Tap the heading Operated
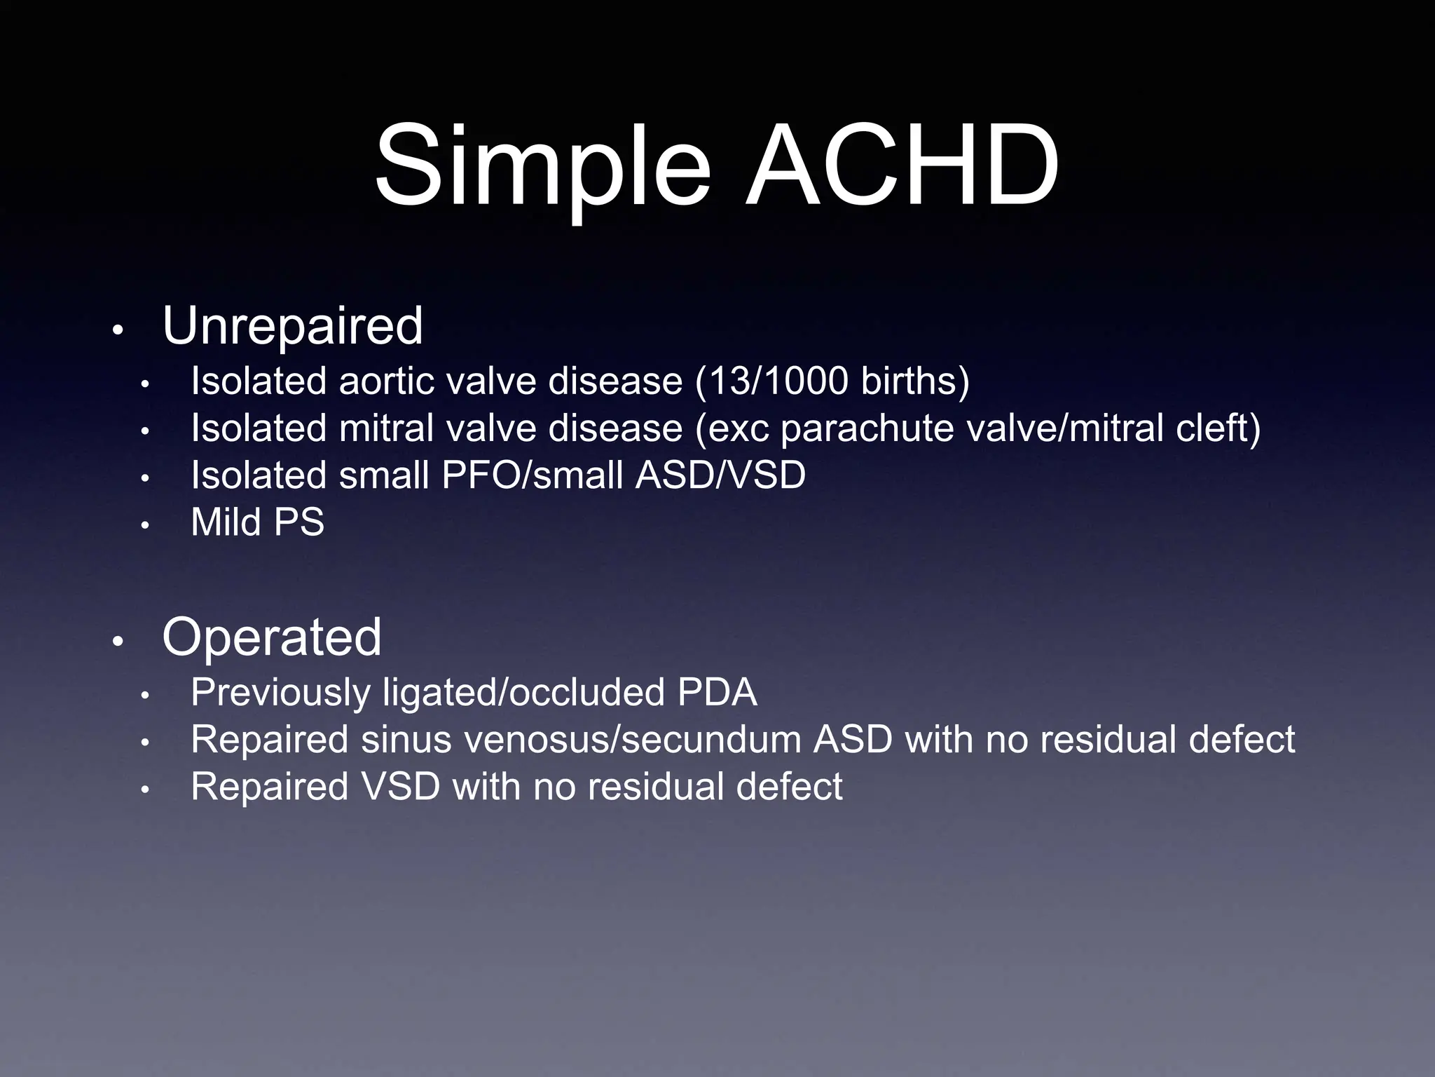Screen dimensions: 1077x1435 [x=272, y=637]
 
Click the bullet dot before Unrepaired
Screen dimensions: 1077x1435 [x=118, y=330]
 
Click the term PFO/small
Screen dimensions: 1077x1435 [x=533, y=475]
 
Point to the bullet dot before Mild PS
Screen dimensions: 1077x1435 [x=145, y=525]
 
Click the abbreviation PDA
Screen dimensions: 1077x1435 [x=717, y=693]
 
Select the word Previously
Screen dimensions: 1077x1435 [x=280, y=693]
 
